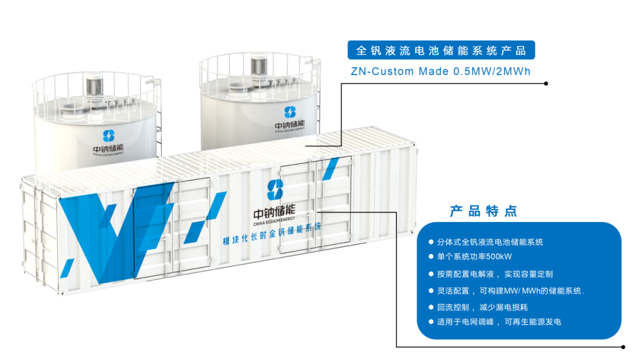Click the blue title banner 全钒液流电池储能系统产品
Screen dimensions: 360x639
tap(441, 50)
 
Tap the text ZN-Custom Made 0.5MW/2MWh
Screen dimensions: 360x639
tap(441, 72)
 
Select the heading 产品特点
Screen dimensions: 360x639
tap(483, 211)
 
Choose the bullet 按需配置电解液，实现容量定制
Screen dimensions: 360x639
tap(495, 274)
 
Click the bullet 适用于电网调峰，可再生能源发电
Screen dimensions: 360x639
tap(498, 322)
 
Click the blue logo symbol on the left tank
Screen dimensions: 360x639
tap(109, 136)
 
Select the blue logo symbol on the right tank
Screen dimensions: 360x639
tap(289, 112)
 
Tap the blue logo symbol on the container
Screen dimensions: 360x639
tap(275, 190)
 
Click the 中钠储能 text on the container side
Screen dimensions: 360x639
tap(273, 211)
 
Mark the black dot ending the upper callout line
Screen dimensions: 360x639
tap(546, 83)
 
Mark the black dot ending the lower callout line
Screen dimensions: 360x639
tap(622, 346)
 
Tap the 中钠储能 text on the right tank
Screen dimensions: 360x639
tap(290, 125)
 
